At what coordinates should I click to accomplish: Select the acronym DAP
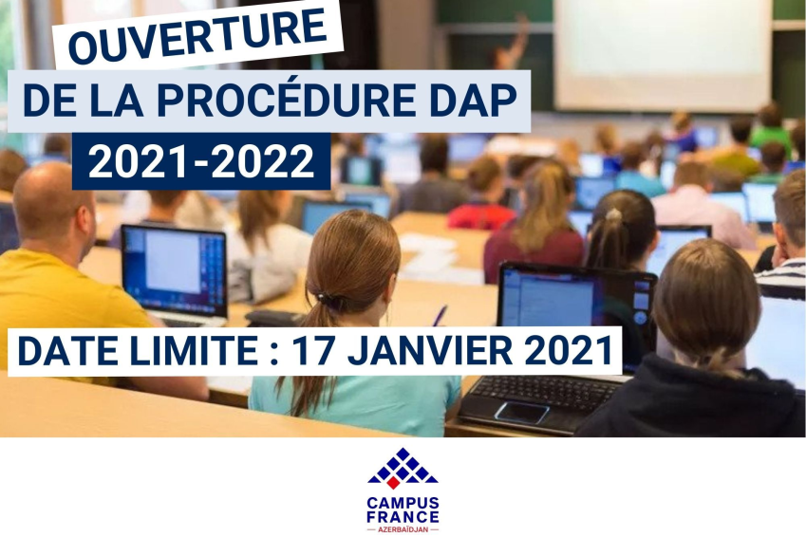473,101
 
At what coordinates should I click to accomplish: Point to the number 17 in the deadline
315,351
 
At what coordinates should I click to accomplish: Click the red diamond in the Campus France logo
393,483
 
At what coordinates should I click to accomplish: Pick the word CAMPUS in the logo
403,503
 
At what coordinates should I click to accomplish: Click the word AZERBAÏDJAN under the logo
403,529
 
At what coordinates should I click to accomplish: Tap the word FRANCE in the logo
403,516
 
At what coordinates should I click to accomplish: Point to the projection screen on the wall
663,53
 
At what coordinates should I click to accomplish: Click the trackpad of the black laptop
522,412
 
